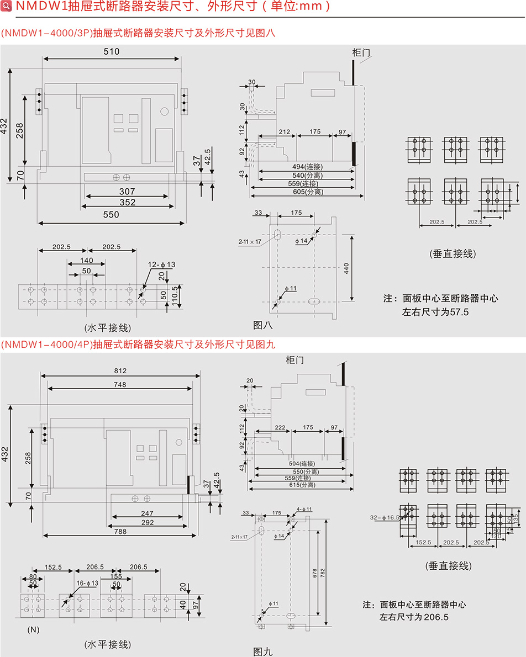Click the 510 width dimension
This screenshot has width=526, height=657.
tap(112, 51)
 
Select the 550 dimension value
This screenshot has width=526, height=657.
tap(111, 215)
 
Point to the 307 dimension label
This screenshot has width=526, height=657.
tap(127, 191)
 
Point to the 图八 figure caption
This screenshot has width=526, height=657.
tap(263, 325)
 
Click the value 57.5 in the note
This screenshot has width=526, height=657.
tap(460, 312)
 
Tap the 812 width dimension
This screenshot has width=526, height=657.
tap(120, 370)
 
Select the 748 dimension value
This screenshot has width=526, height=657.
tap(120, 384)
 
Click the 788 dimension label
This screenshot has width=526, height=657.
tap(120, 531)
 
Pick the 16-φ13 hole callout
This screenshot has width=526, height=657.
tap(87, 583)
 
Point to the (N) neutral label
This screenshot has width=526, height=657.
tap(32, 629)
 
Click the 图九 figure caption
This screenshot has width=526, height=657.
tap(263, 651)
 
